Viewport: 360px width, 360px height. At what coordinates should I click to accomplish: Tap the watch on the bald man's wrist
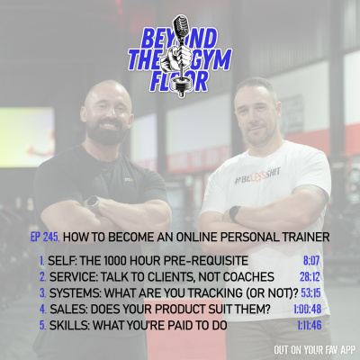coord(93,202)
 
